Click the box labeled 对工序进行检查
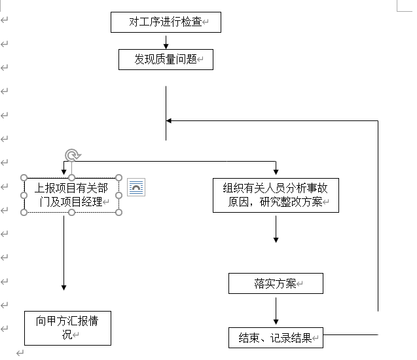pyautogui.click(x=166, y=22)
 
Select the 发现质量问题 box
pyautogui.click(x=166, y=59)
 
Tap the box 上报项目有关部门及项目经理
pyautogui.click(x=72, y=194)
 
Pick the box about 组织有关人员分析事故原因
pyautogui.click(x=276, y=195)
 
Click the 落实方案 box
pyautogui.click(x=276, y=283)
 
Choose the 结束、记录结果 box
pyautogui.click(x=276, y=338)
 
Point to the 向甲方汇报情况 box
pyautogui.click(x=67, y=328)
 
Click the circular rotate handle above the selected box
pyautogui.click(x=72, y=155)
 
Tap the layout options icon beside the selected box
pyautogui.click(x=136, y=187)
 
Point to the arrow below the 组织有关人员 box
pyautogui.click(x=276, y=229)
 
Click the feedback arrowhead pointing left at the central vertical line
pyautogui.click(x=170, y=120)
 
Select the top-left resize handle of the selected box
pyautogui.click(x=25, y=177)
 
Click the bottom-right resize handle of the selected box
pyautogui.click(x=119, y=213)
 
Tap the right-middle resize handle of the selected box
pyautogui.click(x=119, y=195)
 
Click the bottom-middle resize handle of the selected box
pyautogui.click(x=72, y=213)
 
